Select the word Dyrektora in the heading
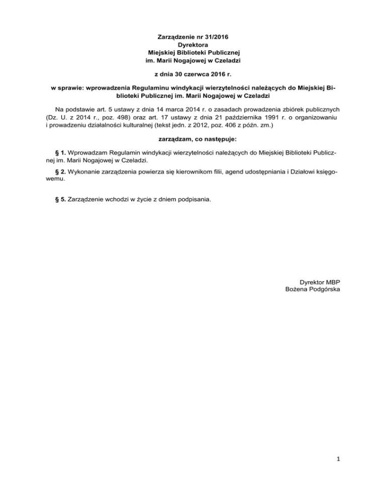click(193, 44)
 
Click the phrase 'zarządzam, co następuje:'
click(193, 138)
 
